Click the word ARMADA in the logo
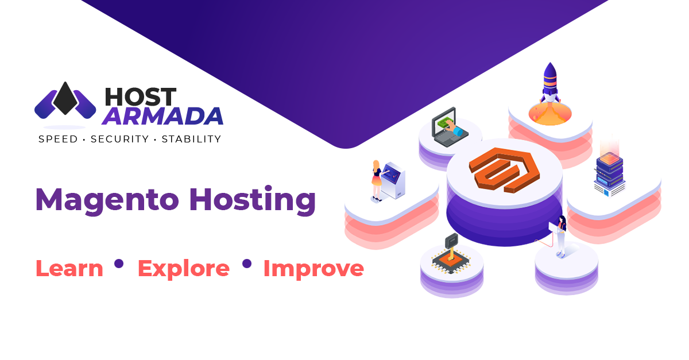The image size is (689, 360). click(162, 116)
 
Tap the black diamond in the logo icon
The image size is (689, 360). click(65, 99)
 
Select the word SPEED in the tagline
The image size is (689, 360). click(57, 139)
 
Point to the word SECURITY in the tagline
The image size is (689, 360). click(120, 139)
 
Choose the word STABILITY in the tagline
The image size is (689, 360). click(191, 139)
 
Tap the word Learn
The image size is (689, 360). click(69, 268)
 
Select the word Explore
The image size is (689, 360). click(183, 269)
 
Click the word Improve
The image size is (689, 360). click(313, 269)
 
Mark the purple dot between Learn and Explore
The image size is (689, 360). click(119, 264)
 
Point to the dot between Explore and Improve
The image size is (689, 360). click(247, 264)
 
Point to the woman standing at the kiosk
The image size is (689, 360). click(377, 180)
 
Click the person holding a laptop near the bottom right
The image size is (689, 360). click(559, 235)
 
